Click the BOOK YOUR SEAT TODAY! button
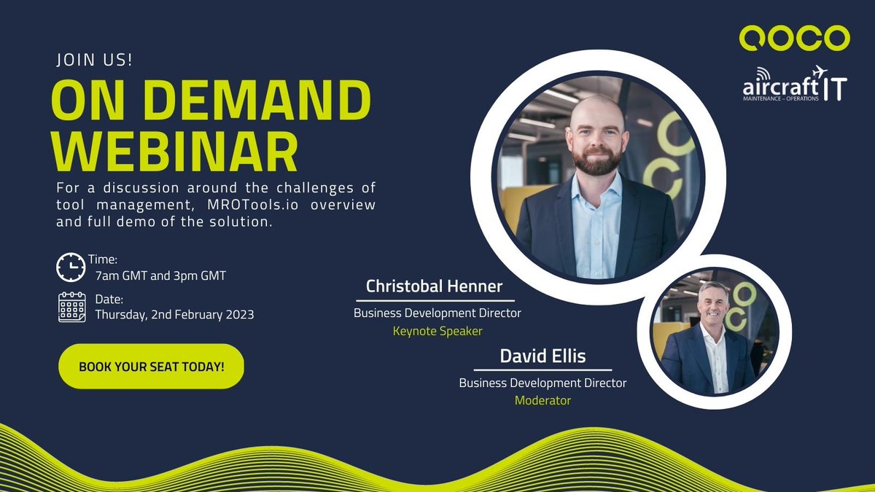(x=151, y=366)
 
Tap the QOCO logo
(x=793, y=38)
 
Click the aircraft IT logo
(x=793, y=85)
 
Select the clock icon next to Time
(x=71, y=268)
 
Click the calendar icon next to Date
(x=71, y=307)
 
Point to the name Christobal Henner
(x=435, y=286)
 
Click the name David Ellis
(x=542, y=356)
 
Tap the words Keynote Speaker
(x=437, y=331)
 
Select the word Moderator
(x=542, y=400)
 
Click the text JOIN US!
(x=95, y=60)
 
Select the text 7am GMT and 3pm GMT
(x=160, y=275)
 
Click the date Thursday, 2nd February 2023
(x=174, y=314)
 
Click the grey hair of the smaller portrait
(x=712, y=290)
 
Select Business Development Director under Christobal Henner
(x=437, y=313)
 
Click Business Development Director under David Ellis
(x=542, y=383)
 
